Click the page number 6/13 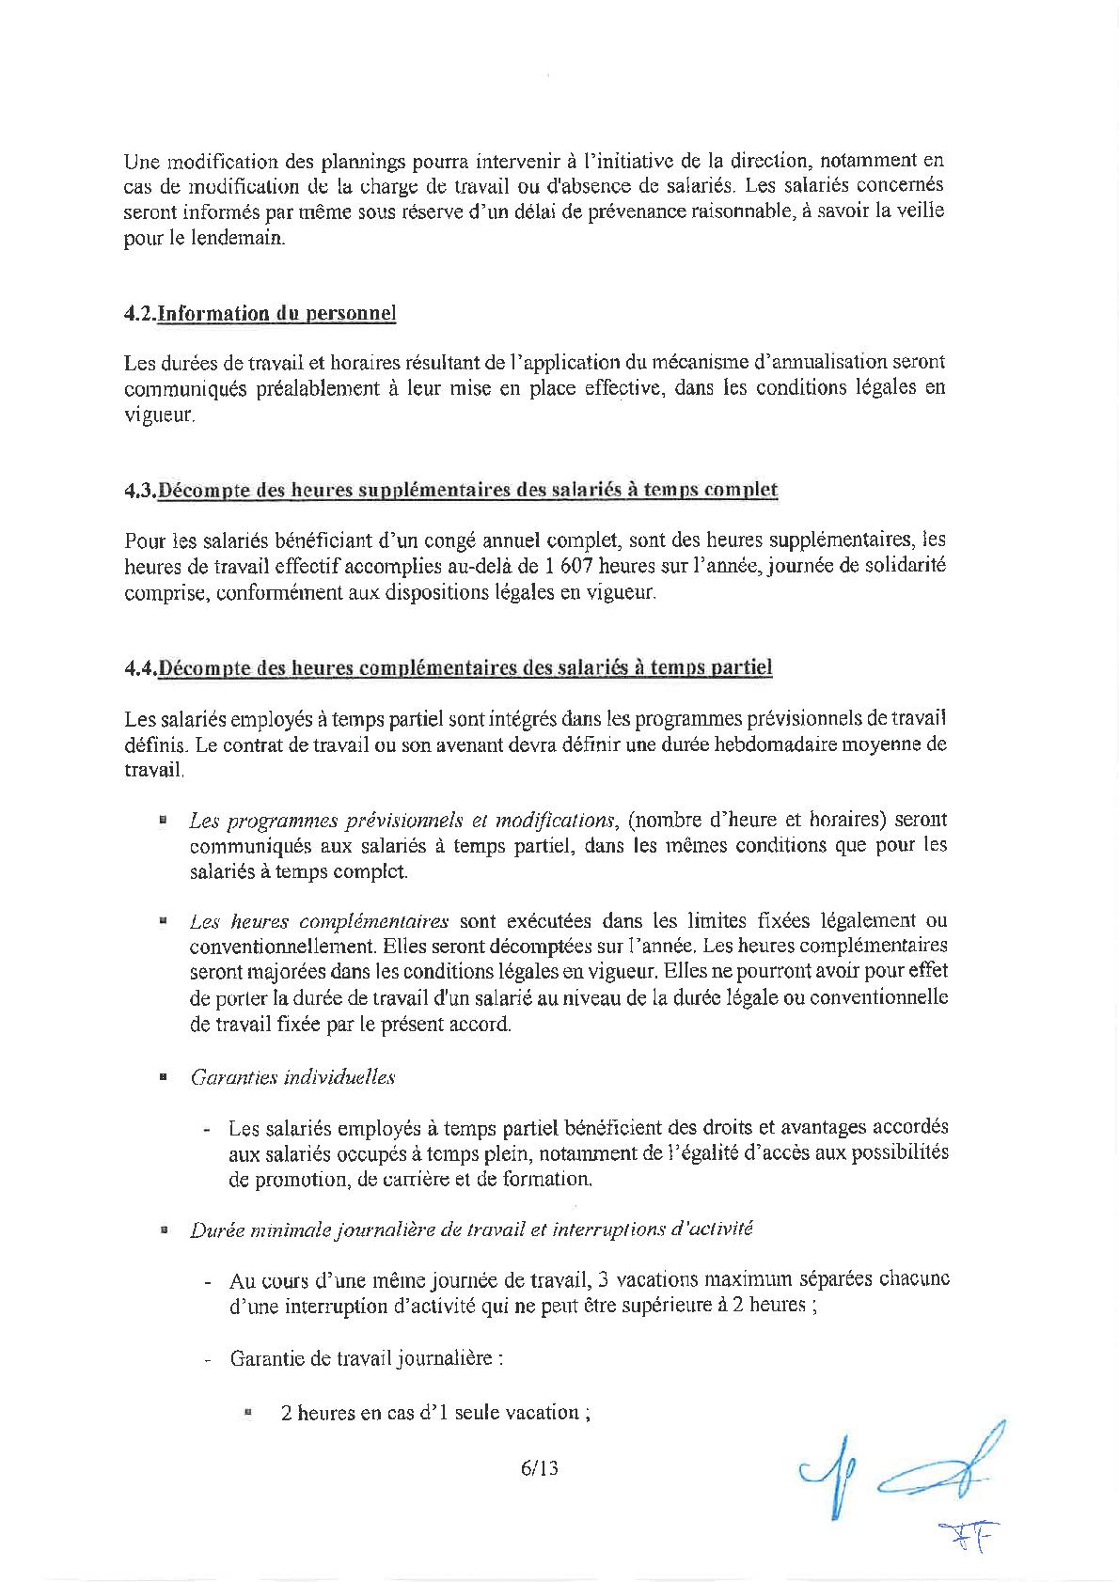(539, 1467)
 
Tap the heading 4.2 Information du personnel (260, 314)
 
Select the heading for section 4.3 (450, 490)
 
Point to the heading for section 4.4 (448, 668)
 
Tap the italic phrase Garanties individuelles (292, 1077)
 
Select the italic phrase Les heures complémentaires (318, 920)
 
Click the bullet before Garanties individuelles (163, 1078)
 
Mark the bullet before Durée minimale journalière (163, 1230)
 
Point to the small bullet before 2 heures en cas (248, 1412)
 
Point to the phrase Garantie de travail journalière (365, 1359)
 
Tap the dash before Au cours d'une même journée (207, 1281)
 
